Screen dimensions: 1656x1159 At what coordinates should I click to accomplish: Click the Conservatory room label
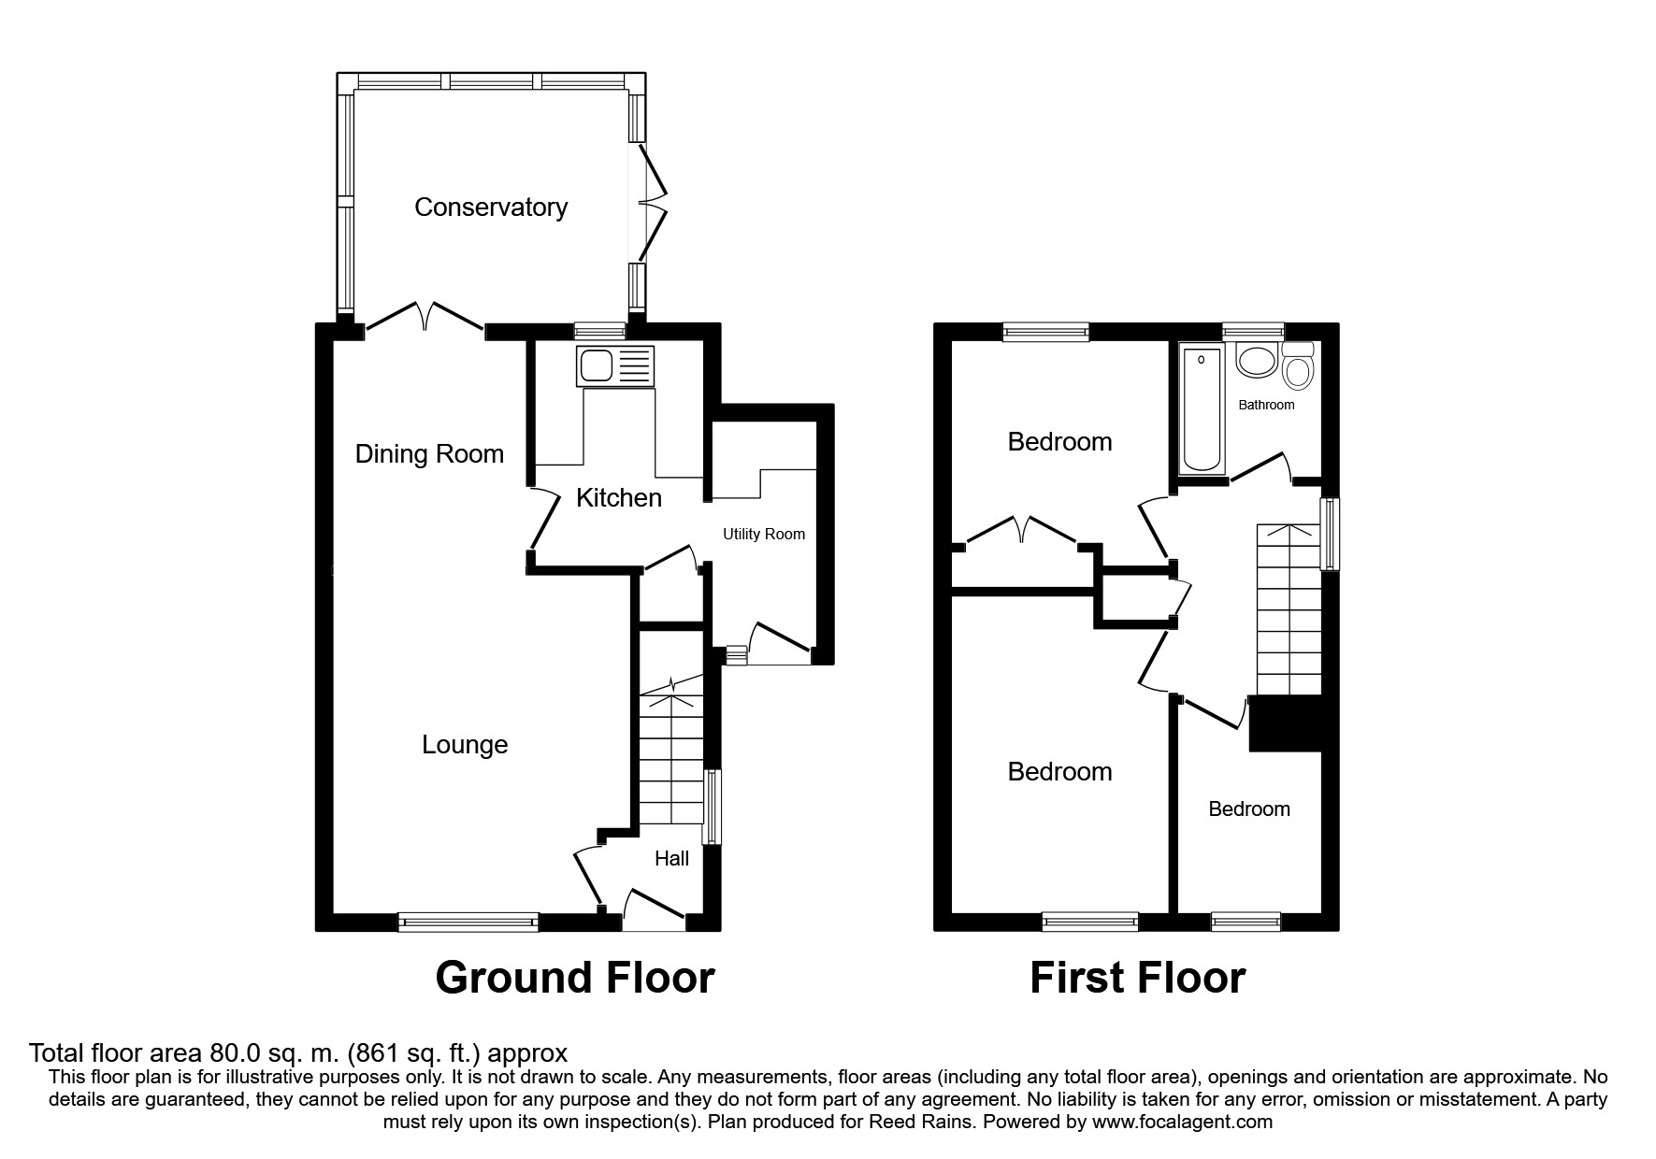tap(491, 207)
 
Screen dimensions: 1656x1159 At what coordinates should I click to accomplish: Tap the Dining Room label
tap(429, 454)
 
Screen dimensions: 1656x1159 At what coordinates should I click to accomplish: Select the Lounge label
tap(465, 745)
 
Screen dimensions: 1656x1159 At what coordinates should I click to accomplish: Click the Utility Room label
tap(764, 535)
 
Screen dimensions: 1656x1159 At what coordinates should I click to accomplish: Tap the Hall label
tap(671, 858)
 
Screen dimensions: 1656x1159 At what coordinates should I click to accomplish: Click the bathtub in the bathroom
tap(1202, 408)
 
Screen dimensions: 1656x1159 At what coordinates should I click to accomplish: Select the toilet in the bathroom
tap(1297, 365)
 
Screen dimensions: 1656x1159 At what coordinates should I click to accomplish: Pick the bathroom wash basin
tap(1256, 361)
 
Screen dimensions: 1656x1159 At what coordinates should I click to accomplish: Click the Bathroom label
tap(1266, 405)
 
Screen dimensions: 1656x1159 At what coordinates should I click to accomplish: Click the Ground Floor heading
tap(575, 978)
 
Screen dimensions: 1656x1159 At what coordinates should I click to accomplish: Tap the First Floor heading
tap(1138, 978)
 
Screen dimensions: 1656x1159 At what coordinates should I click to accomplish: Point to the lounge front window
tap(468, 923)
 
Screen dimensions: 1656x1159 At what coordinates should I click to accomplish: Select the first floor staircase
tap(1289, 609)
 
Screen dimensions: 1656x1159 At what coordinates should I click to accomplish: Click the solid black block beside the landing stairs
tap(1286, 723)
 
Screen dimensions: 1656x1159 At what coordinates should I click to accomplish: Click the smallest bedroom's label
tap(1249, 809)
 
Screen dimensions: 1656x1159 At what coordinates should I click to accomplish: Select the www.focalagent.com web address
tap(1182, 1122)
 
